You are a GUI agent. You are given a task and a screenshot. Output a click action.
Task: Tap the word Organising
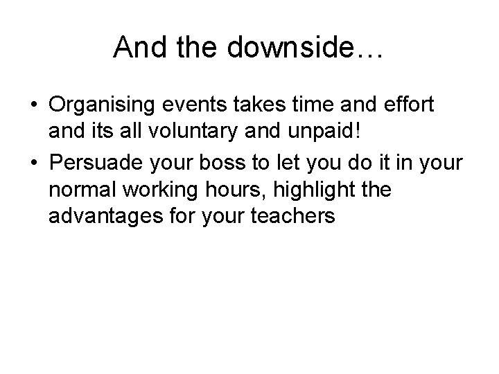tap(105, 105)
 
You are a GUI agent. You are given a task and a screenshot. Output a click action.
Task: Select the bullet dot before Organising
tap(33, 106)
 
